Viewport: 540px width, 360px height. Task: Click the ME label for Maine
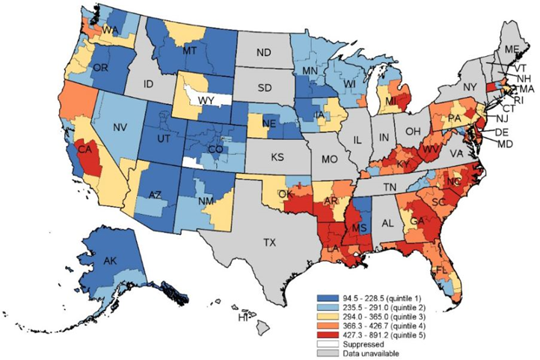pyautogui.click(x=512, y=49)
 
